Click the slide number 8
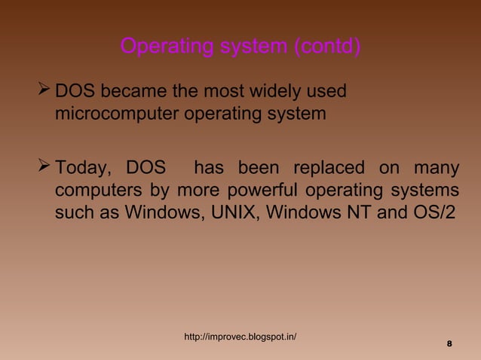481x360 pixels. coord(449,344)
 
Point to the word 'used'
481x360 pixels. coord(329,93)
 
